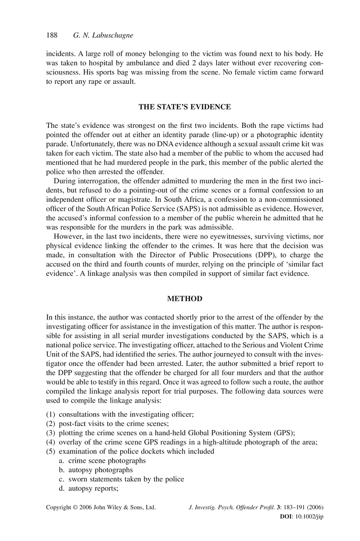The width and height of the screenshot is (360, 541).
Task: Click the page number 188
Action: coord(52,36)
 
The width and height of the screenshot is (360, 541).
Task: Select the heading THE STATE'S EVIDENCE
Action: coord(184,107)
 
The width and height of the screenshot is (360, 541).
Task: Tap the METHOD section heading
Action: coord(184,299)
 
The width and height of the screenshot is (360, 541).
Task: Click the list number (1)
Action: coord(51,415)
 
